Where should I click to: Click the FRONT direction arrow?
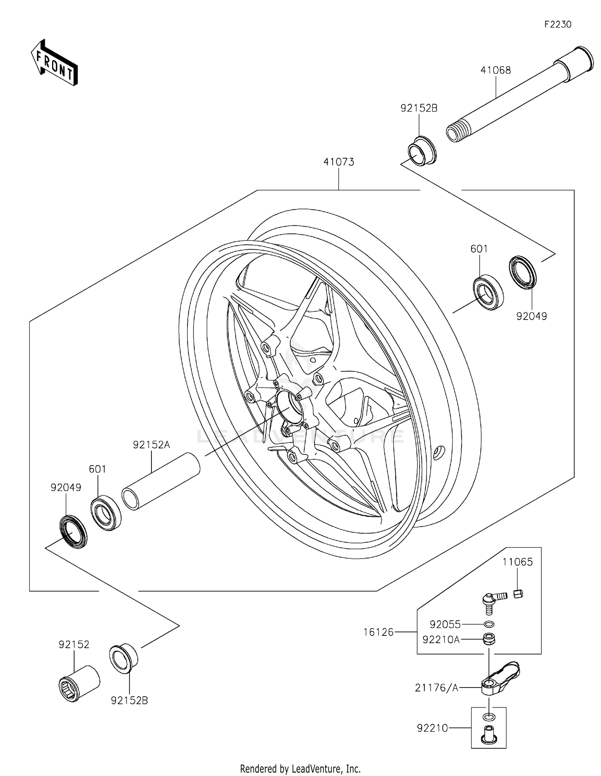(54, 63)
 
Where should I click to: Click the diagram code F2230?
(558, 24)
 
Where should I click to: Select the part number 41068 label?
(496, 70)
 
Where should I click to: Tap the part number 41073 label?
(339, 162)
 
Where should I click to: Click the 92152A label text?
(151, 445)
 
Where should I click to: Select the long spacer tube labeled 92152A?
(161, 481)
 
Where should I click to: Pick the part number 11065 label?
(518, 562)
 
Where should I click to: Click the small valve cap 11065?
(518, 593)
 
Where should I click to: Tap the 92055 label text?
(445, 624)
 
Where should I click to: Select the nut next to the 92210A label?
(489, 639)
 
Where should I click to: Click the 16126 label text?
(379, 632)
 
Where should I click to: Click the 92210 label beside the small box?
(432, 728)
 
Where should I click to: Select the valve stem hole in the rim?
(438, 452)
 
